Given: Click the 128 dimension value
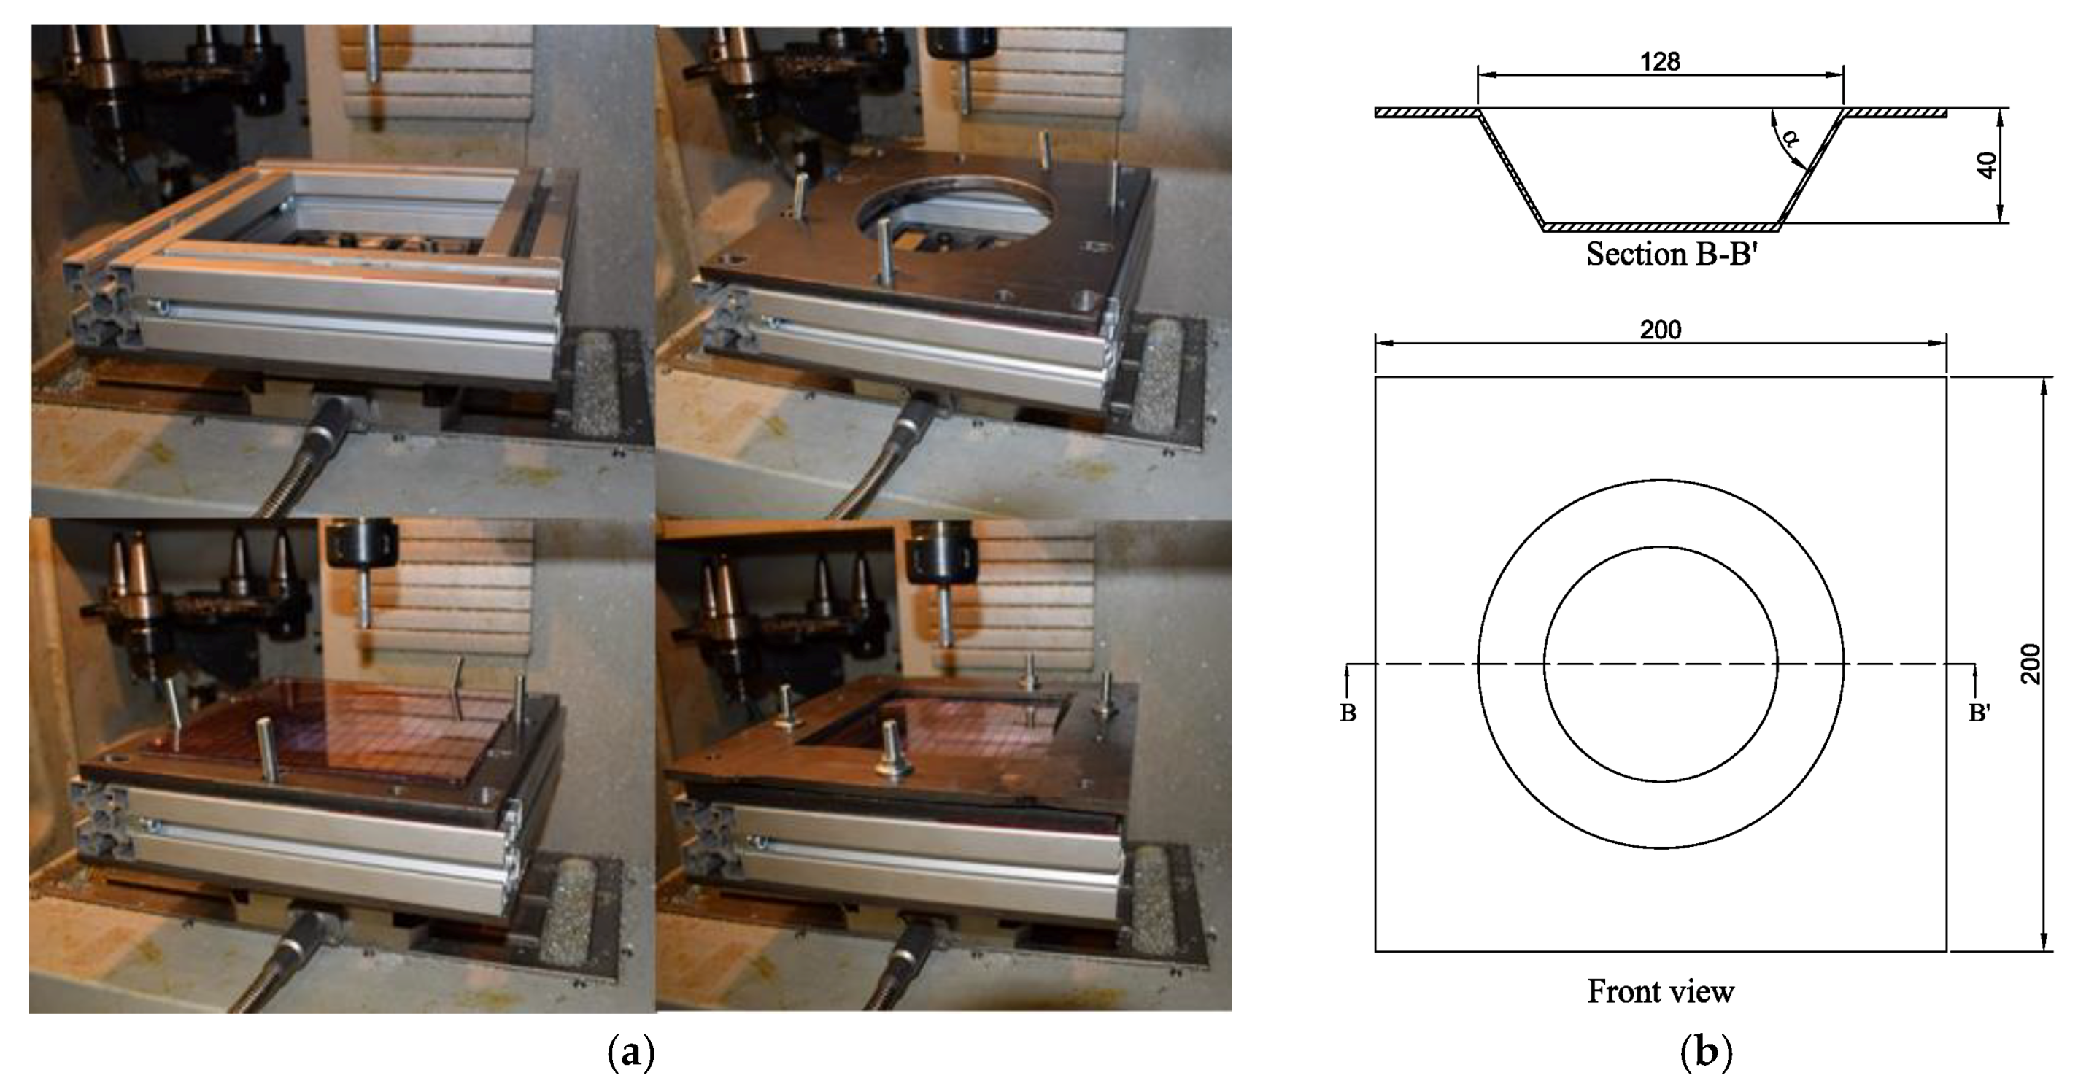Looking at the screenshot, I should coord(1659,62).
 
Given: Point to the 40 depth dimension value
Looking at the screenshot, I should coord(1989,166).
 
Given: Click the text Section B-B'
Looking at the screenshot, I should coord(1671,254).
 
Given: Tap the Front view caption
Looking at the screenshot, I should coord(1660,991).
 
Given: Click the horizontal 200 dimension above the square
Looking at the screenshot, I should coord(1660,330).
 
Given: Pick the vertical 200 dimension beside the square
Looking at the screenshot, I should coord(2030,664).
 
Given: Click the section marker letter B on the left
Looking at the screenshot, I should coord(1347,714).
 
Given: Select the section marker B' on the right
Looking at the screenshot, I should coord(1979,714).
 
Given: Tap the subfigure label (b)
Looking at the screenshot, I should coord(1705,1053).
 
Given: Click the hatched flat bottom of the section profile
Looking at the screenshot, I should coord(1660,227).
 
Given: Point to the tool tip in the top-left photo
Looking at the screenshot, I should coord(373,77).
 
